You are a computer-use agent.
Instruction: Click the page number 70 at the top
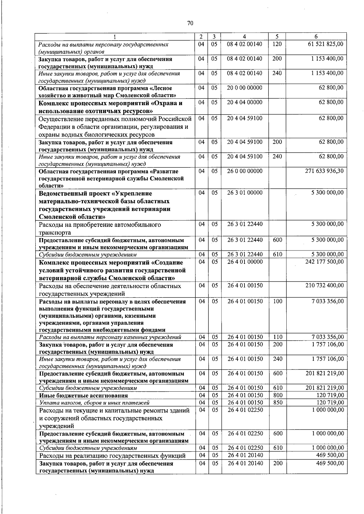190,23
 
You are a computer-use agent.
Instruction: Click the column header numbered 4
244,37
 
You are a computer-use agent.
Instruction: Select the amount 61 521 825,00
325,44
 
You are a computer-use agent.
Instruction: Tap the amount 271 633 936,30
324,171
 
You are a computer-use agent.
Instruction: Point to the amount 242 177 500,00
324,262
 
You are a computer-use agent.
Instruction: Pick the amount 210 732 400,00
324,285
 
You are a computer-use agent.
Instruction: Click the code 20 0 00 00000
245,88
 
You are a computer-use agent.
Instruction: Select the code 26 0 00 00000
245,171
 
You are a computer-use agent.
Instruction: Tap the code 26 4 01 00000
245,262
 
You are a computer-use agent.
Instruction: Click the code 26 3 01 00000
245,193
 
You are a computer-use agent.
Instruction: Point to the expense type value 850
278,403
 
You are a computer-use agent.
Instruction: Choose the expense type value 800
278,395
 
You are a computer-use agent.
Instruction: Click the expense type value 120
277,44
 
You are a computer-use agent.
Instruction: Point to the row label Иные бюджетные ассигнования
83,396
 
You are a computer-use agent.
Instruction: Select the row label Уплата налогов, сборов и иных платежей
94,403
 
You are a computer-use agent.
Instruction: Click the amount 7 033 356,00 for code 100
328,301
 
